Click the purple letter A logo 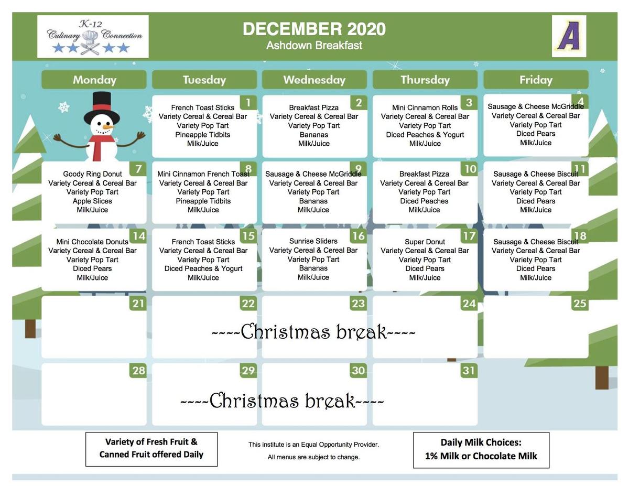tap(569, 36)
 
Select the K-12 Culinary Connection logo tap(93, 37)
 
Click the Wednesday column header tap(314, 80)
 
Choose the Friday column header tap(536, 80)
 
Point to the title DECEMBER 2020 tap(314, 29)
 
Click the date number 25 tap(580, 304)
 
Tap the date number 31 tap(469, 371)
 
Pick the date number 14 tap(138, 236)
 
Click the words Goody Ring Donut tap(92, 174)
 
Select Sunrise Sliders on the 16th tap(313, 241)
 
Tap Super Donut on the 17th tap(425, 242)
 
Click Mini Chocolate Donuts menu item tap(92, 242)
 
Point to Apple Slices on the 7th tap(92, 201)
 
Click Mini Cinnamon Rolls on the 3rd tap(425, 107)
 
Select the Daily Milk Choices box tap(481, 449)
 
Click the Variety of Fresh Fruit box tap(151, 448)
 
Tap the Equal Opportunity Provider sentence tap(313, 445)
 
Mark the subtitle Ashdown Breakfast tap(314, 46)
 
